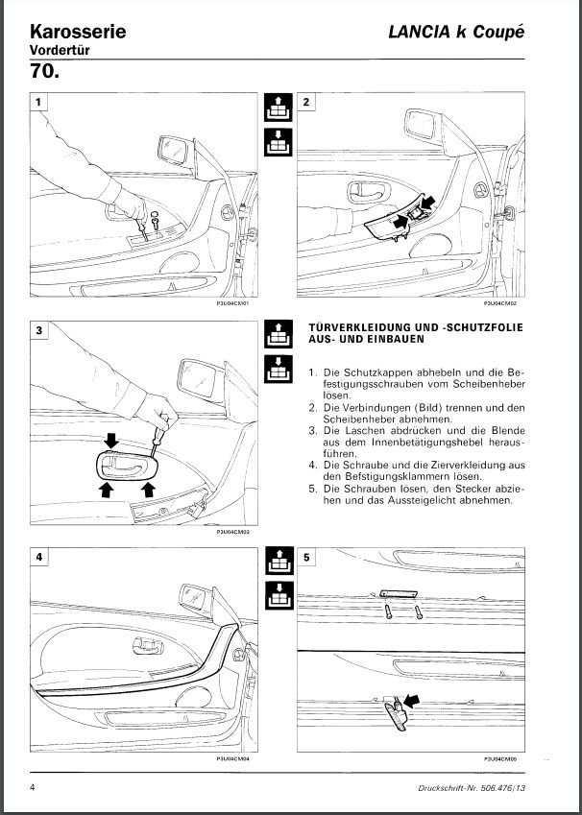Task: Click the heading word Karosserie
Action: (x=78, y=32)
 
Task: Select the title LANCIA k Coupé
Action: (x=456, y=32)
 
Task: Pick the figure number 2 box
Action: (x=305, y=103)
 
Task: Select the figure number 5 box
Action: (x=305, y=557)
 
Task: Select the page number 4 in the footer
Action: (x=34, y=787)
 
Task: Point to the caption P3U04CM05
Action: (x=500, y=758)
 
